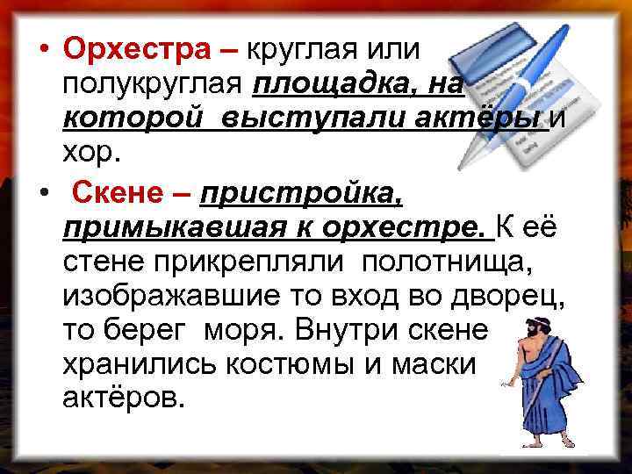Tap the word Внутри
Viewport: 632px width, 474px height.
(357, 332)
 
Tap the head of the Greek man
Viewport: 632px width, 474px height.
(532, 332)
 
